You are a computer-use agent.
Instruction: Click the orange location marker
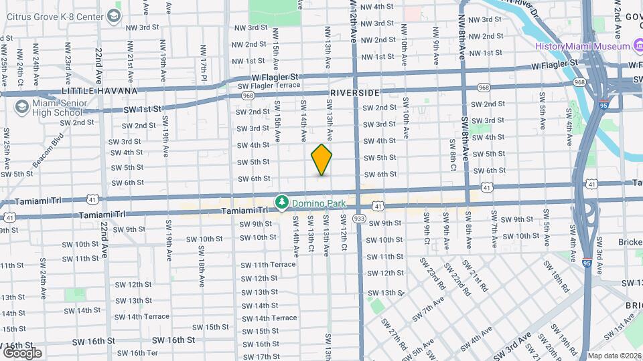pyautogui.click(x=321, y=160)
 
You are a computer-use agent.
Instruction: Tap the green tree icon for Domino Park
pyautogui.click(x=283, y=201)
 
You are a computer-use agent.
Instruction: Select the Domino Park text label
pyautogui.click(x=314, y=201)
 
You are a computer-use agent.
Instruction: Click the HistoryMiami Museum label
pyautogui.click(x=582, y=45)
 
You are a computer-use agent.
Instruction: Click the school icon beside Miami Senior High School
pyautogui.click(x=22, y=107)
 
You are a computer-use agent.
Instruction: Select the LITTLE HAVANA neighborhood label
pyautogui.click(x=98, y=90)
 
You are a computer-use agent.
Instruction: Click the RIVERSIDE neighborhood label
pyautogui.click(x=354, y=93)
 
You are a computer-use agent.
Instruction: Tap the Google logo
pyautogui.click(x=21, y=352)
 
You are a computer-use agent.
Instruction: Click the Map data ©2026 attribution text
pyautogui.click(x=614, y=356)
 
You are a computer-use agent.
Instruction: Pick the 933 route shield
pyautogui.click(x=360, y=218)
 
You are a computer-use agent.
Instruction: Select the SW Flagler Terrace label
pyautogui.click(x=269, y=85)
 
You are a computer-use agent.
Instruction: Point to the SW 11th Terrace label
pyautogui.click(x=268, y=265)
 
